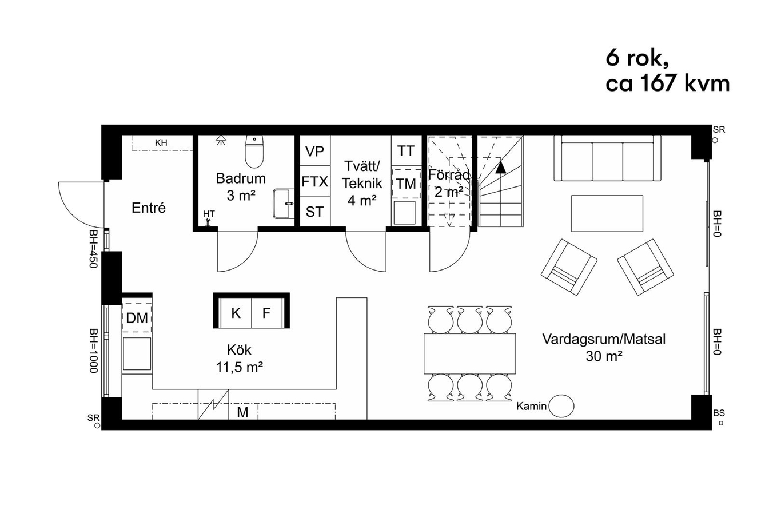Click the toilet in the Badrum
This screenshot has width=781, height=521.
(x=254, y=152)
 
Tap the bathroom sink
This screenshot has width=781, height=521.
(x=284, y=204)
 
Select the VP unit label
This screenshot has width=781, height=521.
(x=314, y=152)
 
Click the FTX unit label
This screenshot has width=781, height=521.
(x=314, y=182)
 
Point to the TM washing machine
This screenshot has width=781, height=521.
(x=406, y=184)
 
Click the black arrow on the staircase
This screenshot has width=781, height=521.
(x=501, y=168)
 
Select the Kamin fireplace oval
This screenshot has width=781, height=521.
(x=561, y=406)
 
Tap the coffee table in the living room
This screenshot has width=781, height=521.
(x=607, y=213)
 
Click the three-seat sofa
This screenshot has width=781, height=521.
(x=607, y=158)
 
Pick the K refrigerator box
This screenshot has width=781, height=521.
(x=236, y=313)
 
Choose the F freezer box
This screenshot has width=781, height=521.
(x=267, y=313)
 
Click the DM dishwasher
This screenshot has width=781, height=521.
(x=137, y=318)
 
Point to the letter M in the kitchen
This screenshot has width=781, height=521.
(x=242, y=412)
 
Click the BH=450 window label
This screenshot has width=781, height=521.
(x=93, y=249)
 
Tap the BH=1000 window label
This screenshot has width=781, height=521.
(x=93, y=351)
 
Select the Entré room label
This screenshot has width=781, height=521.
(x=149, y=208)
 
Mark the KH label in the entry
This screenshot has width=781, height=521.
(x=161, y=142)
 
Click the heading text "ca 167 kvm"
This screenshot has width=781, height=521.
(x=668, y=83)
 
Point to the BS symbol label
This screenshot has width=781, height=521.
(x=719, y=413)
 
